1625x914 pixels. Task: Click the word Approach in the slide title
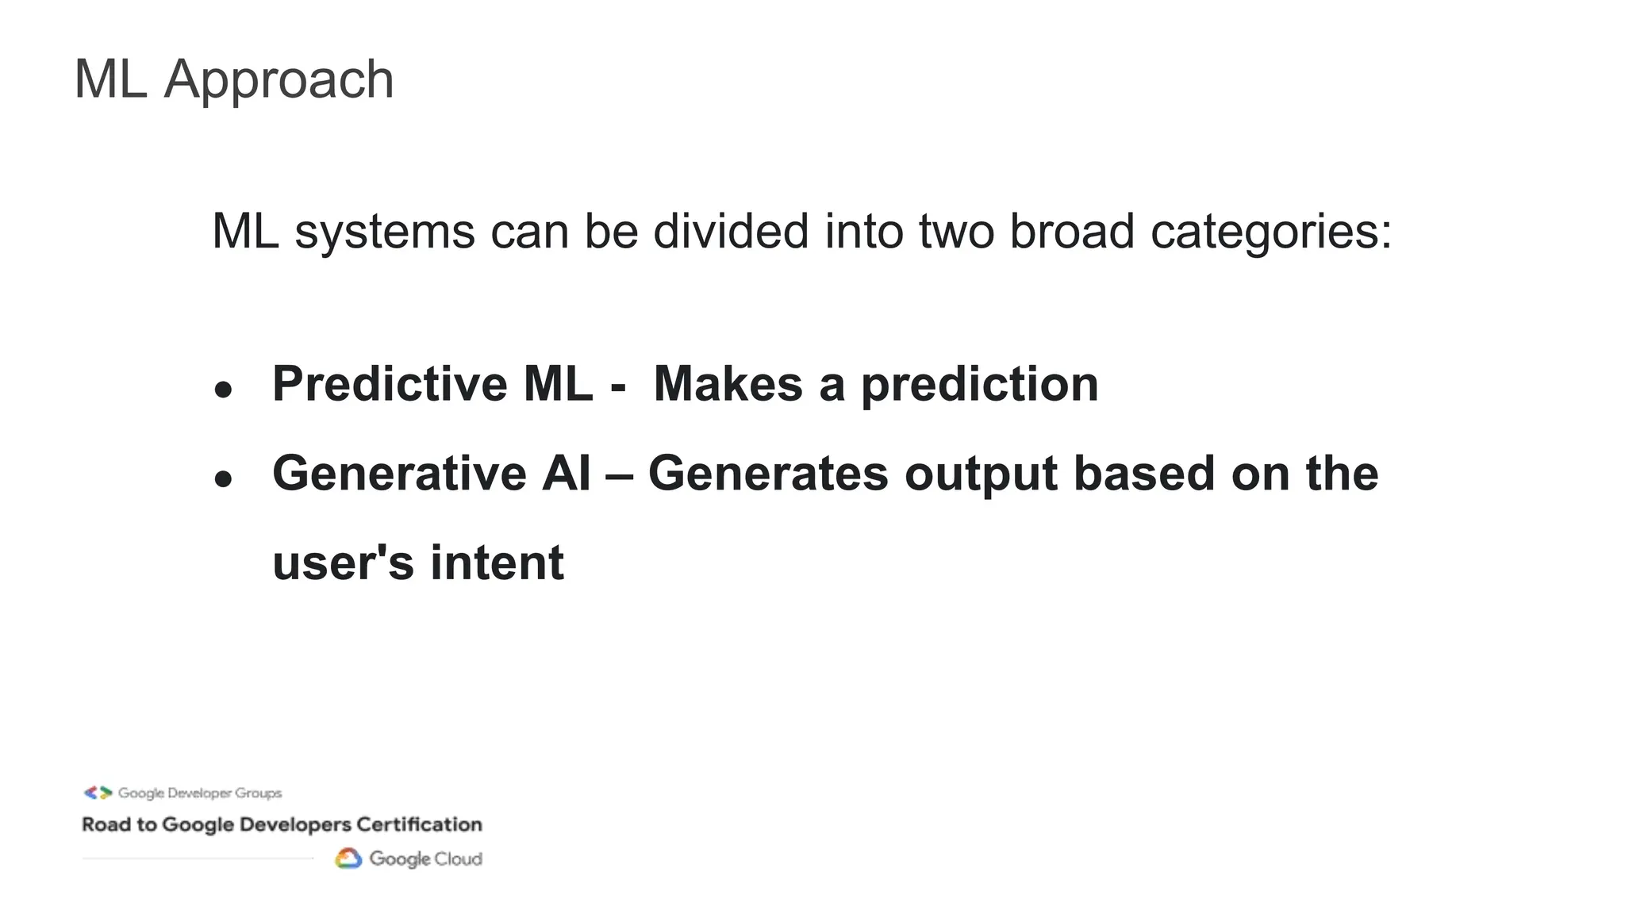point(279,80)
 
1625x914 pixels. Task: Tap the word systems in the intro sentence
point(385,232)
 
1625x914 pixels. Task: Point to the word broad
point(1071,232)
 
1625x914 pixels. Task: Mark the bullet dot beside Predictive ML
point(224,389)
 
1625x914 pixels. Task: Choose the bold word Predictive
point(390,384)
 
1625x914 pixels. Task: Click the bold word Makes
point(728,384)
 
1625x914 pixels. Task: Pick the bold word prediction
point(979,386)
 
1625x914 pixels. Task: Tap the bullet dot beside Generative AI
point(224,478)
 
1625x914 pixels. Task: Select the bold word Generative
point(399,474)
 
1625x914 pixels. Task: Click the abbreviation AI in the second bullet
point(567,474)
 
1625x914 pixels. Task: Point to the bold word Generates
point(768,474)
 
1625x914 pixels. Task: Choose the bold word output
point(981,475)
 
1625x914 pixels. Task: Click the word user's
point(343,563)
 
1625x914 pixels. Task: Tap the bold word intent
point(497,563)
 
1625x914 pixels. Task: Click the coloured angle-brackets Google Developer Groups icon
point(98,793)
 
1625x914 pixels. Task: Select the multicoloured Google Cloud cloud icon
point(348,858)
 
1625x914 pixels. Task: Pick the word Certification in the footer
point(419,824)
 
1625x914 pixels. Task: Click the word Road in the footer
point(106,824)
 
